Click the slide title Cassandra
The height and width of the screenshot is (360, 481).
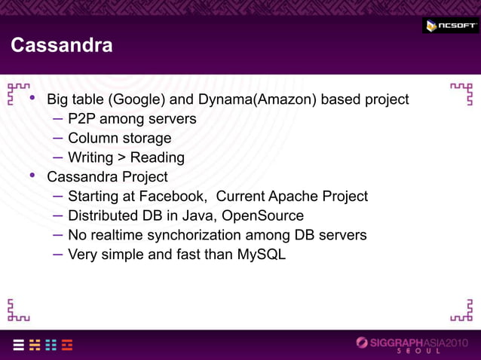click(62, 46)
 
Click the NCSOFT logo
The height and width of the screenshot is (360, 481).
click(451, 26)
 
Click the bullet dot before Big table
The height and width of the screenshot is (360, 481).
click(32, 98)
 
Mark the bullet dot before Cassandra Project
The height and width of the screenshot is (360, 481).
click(32, 176)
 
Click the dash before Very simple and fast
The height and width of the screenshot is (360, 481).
click(58, 254)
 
